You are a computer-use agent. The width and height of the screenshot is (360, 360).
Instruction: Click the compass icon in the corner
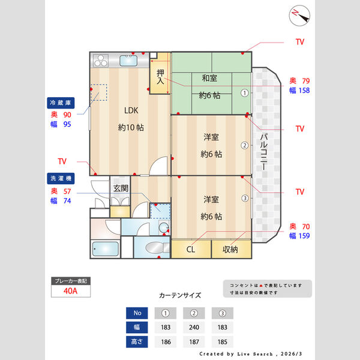tap(298, 16)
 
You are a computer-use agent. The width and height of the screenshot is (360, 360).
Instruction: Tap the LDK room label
tap(131, 110)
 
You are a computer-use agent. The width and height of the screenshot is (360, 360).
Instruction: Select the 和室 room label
tap(209, 78)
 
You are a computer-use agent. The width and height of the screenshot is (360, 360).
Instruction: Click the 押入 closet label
tap(160, 76)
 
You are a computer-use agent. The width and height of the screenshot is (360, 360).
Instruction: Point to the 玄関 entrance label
tap(120, 188)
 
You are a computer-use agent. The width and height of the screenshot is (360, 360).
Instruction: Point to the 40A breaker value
tap(71, 292)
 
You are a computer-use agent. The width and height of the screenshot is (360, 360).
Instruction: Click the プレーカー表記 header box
tap(71, 281)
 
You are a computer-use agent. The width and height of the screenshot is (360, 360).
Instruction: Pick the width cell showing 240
tap(193, 327)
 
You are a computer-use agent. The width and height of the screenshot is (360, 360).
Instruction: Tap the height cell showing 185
tap(222, 341)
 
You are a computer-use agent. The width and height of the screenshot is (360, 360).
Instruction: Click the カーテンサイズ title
tap(180, 295)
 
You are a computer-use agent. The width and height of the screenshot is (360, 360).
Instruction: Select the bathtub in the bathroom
tap(105, 248)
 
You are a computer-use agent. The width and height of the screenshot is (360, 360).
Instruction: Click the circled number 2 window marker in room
tap(245, 145)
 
